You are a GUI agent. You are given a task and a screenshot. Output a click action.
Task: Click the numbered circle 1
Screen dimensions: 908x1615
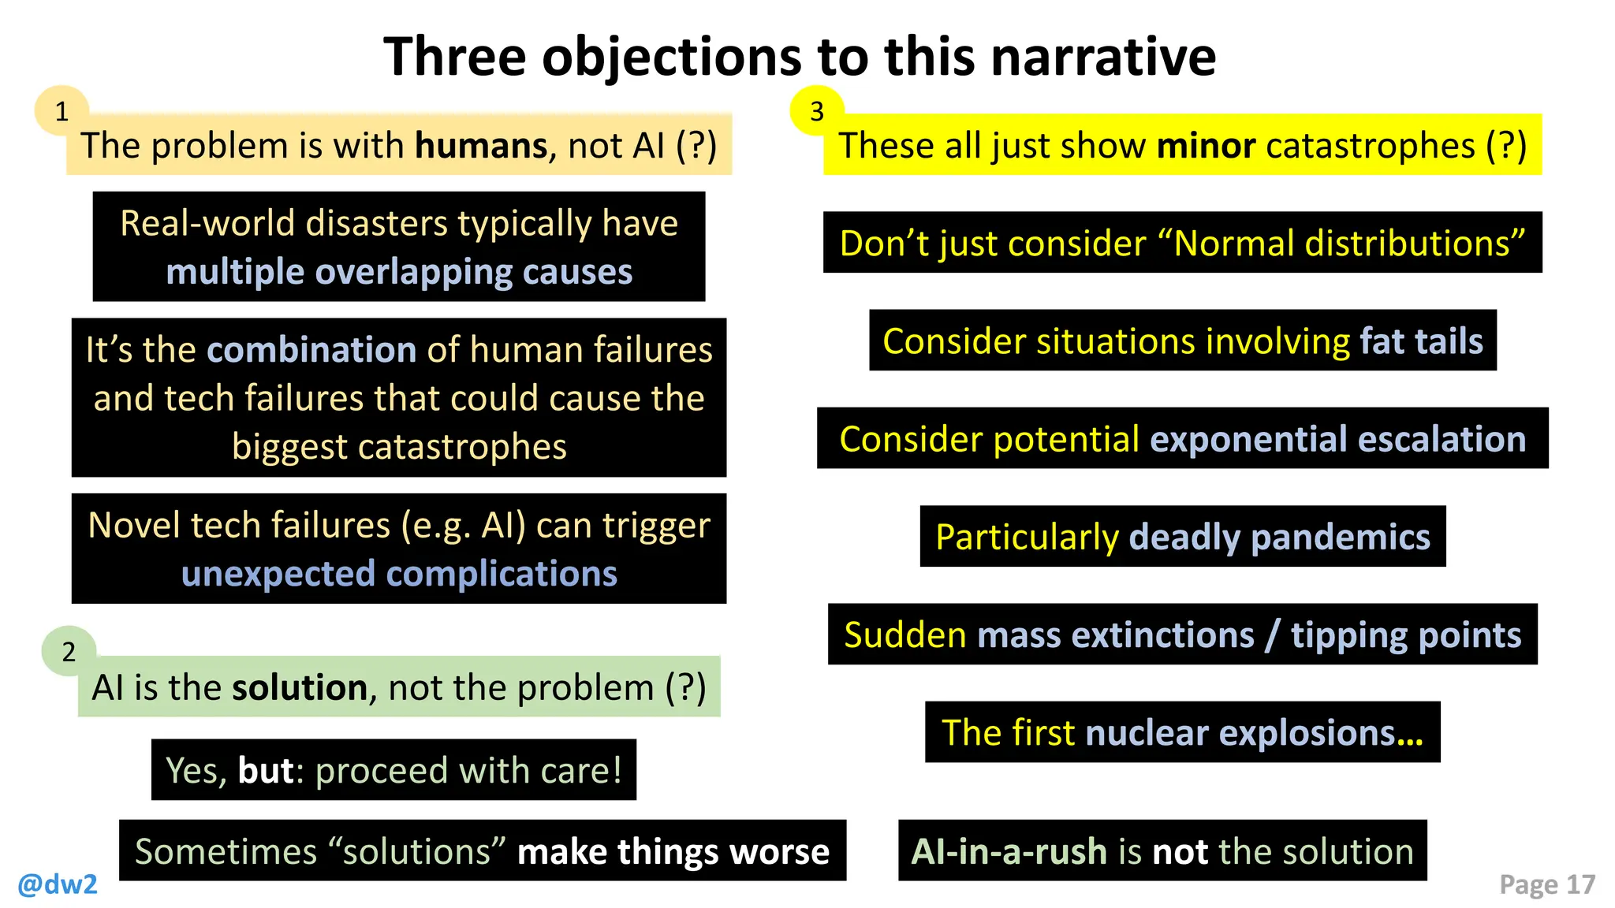click(62, 111)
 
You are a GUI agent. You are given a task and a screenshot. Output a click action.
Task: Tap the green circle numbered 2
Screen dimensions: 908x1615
click(69, 651)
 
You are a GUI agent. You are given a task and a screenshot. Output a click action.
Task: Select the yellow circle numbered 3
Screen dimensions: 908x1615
click(817, 111)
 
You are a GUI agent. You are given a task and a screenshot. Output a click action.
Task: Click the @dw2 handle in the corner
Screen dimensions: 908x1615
click(58, 884)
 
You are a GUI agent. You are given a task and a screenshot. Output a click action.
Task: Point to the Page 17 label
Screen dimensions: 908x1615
click(1546, 884)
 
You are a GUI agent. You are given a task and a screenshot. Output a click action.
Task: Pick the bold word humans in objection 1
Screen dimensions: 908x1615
click(481, 146)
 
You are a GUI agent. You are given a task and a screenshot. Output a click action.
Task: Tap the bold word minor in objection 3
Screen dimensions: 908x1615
click(1206, 146)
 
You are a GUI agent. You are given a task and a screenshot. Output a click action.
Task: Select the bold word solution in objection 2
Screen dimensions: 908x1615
click(300, 687)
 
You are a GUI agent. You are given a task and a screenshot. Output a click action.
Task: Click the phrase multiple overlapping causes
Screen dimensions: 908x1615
click(399, 272)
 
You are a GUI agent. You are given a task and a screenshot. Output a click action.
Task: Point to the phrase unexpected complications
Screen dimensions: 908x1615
click(399, 574)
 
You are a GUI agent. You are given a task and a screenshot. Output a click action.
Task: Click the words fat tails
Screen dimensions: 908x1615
click(1421, 341)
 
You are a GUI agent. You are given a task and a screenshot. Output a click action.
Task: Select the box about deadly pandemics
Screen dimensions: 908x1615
click(1182, 537)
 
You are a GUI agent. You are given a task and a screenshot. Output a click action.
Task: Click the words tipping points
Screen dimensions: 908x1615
click(1405, 634)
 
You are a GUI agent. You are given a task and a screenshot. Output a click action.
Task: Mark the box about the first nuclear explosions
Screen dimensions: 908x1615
click(1182, 732)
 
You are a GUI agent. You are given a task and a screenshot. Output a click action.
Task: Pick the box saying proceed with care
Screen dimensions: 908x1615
click(393, 770)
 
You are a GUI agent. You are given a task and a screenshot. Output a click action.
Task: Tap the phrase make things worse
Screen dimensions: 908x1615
click(673, 851)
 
